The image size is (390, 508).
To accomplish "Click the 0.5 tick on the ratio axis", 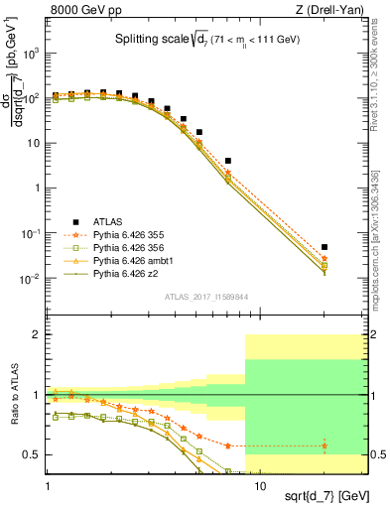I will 34,454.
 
